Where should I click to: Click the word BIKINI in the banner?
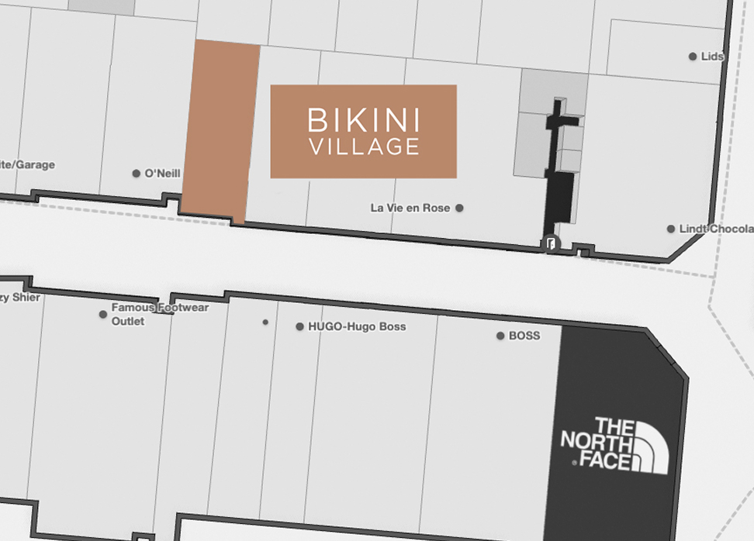[363, 120]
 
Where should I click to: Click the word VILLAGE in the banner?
[363, 146]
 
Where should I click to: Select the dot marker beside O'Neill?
[137, 173]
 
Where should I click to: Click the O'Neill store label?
[162, 173]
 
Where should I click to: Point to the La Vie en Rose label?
[410, 208]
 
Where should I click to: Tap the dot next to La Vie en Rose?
[459, 208]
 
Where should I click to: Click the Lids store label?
[711, 57]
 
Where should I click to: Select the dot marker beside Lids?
[693, 57]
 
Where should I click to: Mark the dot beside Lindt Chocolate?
[671, 229]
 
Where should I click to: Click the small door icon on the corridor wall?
[550, 244]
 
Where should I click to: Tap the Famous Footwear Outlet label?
[160, 314]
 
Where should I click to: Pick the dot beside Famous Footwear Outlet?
[103, 314]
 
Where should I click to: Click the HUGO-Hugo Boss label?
[357, 326]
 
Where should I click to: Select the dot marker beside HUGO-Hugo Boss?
[299, 326]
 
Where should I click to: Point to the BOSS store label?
[524, 336]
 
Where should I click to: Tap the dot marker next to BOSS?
[500, 336]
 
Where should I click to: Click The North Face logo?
[614, 445]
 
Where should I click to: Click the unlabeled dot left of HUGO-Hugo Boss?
[265, 322]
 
